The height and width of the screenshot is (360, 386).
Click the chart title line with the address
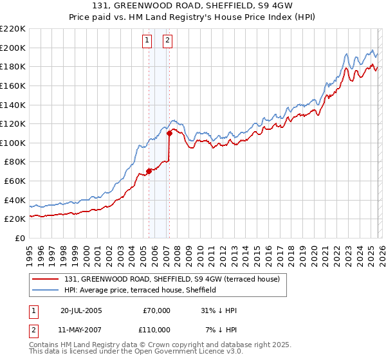click(x=192, y=4)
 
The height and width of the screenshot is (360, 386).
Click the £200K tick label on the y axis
click(x=13, y=48)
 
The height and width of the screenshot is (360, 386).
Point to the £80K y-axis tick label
click(x=15, y=162)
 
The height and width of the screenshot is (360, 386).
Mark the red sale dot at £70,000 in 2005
click(x=149, y=171)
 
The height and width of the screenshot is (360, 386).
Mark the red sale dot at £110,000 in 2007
click(x=169, y=134)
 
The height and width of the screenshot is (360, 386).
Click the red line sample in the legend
click(x=46, y=280)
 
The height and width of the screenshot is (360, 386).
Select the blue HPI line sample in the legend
click(x=46, y=291)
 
